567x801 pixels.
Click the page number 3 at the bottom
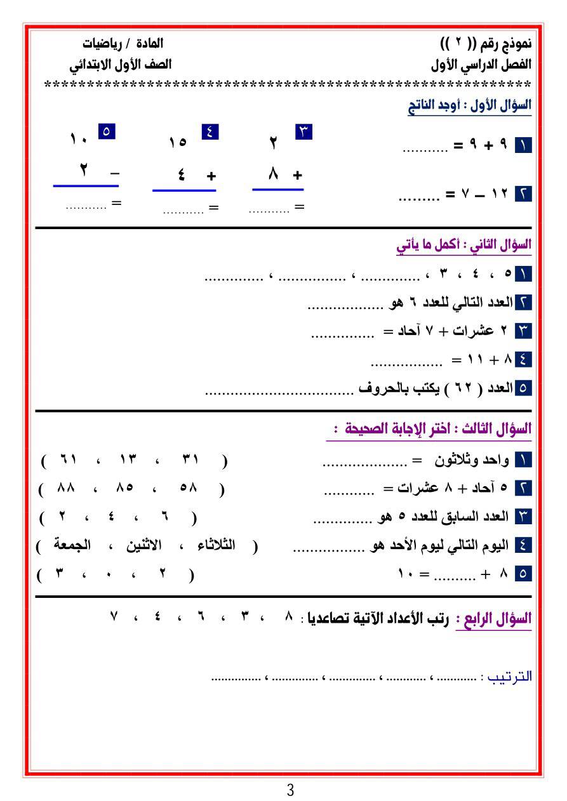point(290,790)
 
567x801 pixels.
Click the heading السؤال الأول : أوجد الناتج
point(469,105)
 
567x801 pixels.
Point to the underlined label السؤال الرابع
point(493,619)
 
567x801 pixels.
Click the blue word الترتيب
point(506,677)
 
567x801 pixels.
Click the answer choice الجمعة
point(72,545)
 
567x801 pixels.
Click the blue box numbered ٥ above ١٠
point(106,132)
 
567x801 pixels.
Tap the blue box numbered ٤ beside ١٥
point(210,133)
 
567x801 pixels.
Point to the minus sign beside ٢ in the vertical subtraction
point(114,172)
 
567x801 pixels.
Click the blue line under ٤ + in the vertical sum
point(184,190)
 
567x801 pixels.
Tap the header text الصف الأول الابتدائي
point(120,65)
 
